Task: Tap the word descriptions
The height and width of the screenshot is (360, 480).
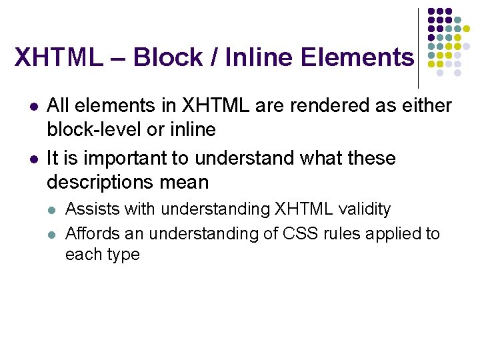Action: point(103,182)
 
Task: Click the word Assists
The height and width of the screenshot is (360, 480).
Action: point(91,209)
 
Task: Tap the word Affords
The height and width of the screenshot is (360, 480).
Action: point(92,233)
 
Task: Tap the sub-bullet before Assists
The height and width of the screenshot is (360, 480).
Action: point(52,210)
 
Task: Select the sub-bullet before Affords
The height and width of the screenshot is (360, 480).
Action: point(52,234)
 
